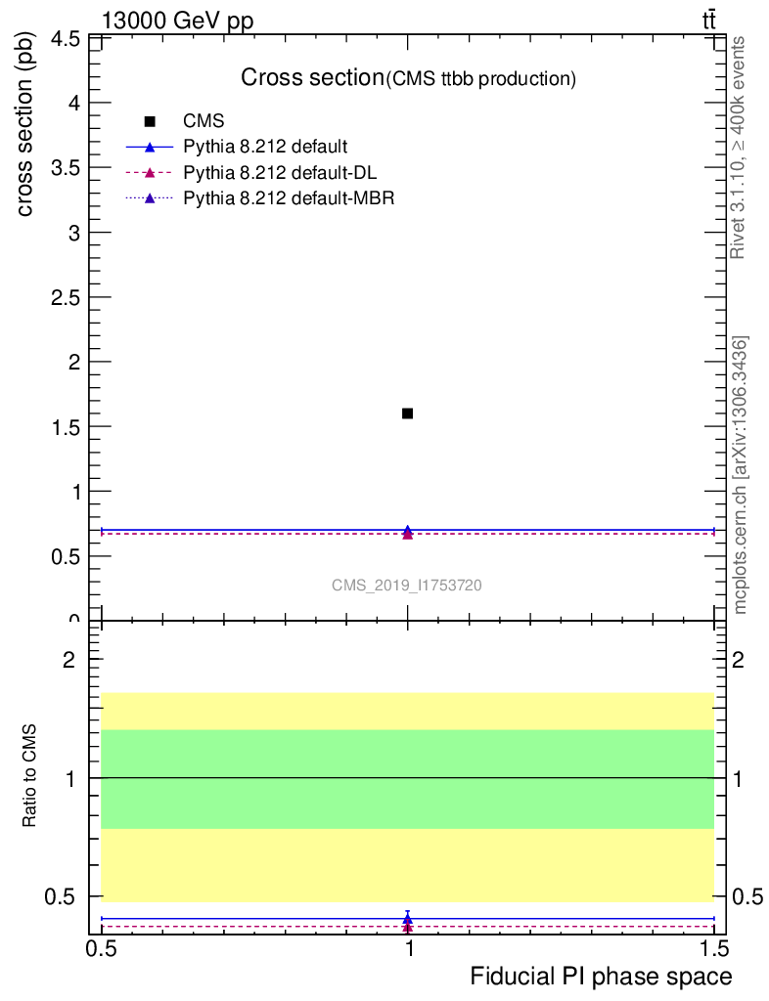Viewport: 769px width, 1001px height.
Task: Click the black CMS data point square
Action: click(x=407, y=413)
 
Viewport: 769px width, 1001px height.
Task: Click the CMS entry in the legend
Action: click(x=204, y=121)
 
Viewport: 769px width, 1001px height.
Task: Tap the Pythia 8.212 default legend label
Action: click(x=265, y=148)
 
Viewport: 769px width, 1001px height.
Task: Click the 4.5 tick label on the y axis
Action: click(x=68, y=39)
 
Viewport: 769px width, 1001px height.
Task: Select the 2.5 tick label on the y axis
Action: click(x=68, y=297)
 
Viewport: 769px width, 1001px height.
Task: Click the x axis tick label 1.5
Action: click(x=713, y=949)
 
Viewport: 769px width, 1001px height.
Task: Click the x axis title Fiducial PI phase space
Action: click(x=601, y=977)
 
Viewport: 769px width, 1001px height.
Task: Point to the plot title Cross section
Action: click(x=312, y=77)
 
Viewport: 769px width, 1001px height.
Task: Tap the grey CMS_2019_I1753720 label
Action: click(x=406, y=586)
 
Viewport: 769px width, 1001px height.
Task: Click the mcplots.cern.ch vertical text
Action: click(x=741, y=475)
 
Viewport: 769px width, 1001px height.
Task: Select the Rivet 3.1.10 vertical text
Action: click(x=739, y=148)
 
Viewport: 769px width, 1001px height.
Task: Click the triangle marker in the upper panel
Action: click(x=407, y=532)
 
